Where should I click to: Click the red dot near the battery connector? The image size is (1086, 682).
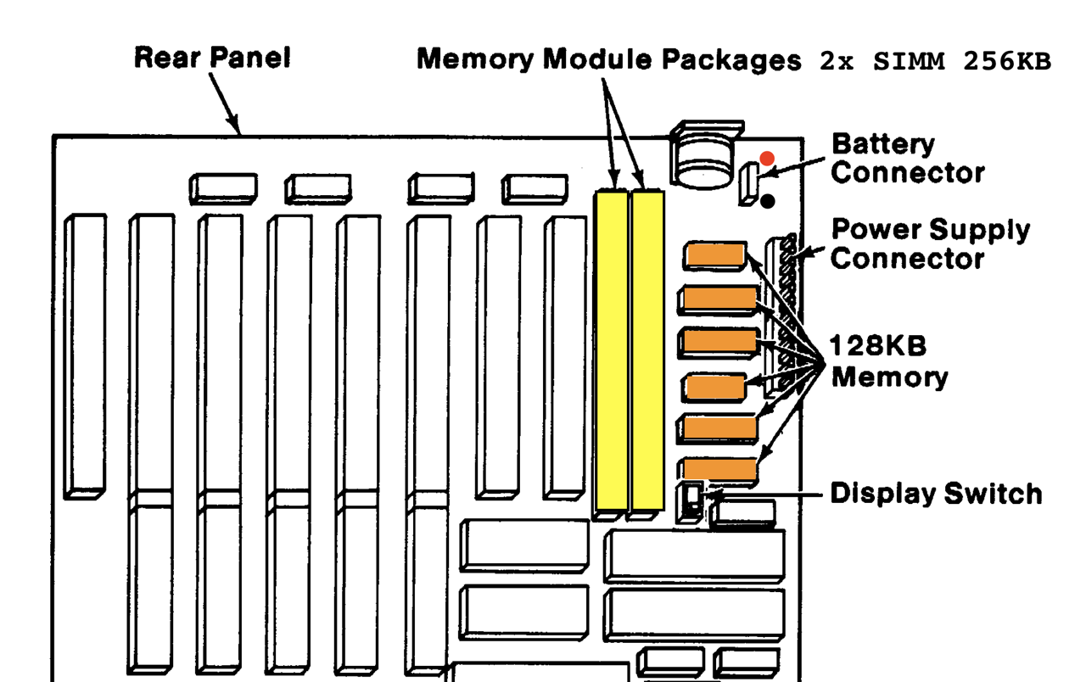pos(767,159)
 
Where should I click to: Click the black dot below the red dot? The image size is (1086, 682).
pos(767,201)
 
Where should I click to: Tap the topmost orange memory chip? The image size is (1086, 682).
pos(715,254)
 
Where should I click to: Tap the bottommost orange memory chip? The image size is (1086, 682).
pos(719,469)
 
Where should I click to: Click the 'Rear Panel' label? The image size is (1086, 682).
pos(212,58)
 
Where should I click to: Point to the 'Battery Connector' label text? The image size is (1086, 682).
pos(907,159)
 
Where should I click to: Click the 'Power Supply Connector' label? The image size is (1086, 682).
pos(930,243)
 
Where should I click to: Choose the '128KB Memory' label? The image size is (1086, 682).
pos(888,361)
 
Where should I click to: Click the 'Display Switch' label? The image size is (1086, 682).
pos(935,493)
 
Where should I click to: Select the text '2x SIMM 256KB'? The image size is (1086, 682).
pos(935,62)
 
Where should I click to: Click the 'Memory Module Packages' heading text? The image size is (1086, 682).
pos(608,59)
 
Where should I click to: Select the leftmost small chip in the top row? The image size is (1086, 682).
pos(223,188)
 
